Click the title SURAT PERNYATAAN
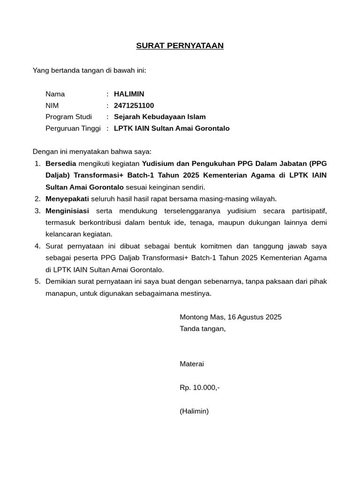180,45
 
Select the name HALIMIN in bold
129,94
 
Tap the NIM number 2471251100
134,105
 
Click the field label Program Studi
68,117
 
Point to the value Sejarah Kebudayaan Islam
159,117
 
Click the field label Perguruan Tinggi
73,128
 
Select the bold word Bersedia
60,164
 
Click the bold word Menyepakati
67,199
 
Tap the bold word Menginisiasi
67,210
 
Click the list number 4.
37,246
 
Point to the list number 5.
37,281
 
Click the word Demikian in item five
60,281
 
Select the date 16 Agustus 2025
255,317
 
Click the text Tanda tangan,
202,329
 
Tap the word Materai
192,364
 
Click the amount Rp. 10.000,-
200,388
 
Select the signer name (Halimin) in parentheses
194,411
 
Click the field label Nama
55,94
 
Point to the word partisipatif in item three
307,210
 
